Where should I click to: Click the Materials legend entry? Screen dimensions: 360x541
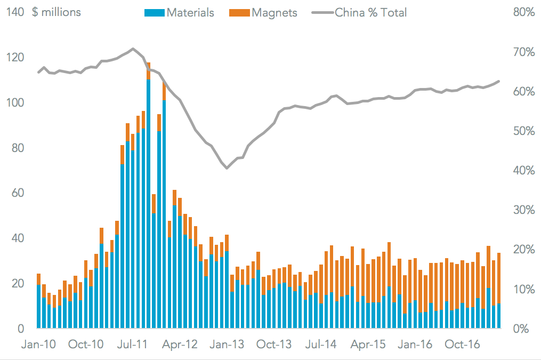pos(179,12)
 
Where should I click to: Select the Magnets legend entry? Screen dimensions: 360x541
pos(264,12)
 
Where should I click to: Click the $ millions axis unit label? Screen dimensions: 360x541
pos(56,12)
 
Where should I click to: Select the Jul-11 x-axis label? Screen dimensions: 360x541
pos(132,345)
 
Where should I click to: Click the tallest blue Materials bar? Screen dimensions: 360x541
pos(148,203)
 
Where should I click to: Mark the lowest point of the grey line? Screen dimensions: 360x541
pos(227,168)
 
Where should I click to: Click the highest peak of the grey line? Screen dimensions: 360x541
pos(133,49)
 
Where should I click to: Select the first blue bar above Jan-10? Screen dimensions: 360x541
pos(38,306)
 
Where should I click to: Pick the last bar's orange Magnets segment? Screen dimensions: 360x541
pos(499,278)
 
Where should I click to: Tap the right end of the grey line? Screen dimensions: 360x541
pos(499,81)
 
